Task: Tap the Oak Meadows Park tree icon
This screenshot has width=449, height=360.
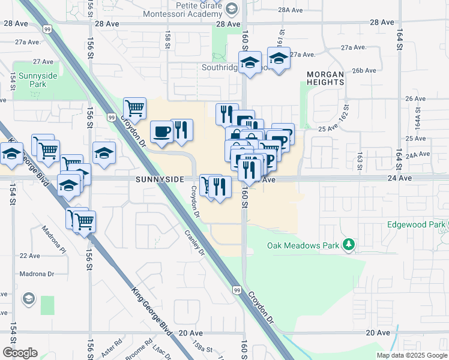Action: coord(348,245)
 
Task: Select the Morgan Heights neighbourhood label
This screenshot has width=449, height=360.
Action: coord(325,78)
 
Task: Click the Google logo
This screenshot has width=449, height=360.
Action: coord(20,353)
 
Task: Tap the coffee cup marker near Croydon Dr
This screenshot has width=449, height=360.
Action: coord(160,131)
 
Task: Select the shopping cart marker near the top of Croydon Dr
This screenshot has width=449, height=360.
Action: coord(135,109)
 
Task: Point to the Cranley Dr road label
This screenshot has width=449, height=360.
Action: coord(194,244)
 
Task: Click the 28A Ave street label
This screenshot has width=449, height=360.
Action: coord(293,10)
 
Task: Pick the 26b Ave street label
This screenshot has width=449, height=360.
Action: coord(364,71)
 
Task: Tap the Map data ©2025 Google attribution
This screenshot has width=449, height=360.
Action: coord(412,355)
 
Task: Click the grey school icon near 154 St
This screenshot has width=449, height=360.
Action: coord(28,299)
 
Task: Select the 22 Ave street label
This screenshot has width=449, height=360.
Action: coord(29,256)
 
